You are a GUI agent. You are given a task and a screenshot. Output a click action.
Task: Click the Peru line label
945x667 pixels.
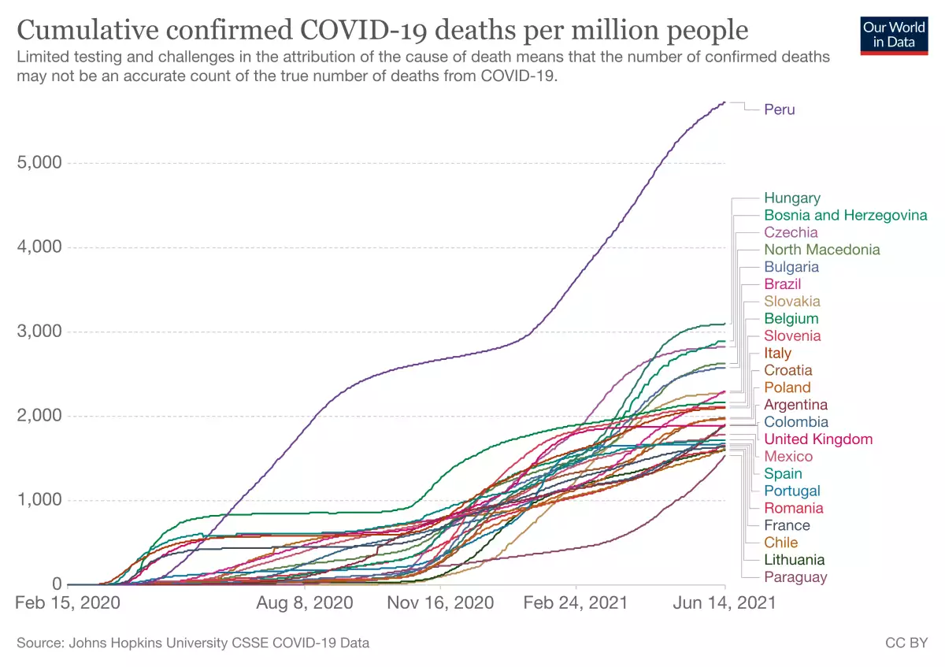coord(779,109)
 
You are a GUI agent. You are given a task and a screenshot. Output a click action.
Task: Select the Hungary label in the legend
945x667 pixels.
coord(791,198)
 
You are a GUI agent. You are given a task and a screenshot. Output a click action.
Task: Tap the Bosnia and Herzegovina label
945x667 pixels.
coord(845,215)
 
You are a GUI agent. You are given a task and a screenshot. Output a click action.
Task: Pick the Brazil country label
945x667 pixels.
coord(782,284)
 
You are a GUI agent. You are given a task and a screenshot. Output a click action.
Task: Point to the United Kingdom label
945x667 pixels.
coord(817,439)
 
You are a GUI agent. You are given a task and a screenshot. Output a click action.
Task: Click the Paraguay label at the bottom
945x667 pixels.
coord(795,577)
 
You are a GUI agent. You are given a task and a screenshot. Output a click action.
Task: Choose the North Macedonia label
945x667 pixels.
coord(821,250)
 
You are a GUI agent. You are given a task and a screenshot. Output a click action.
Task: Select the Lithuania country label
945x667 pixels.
coord(794,560)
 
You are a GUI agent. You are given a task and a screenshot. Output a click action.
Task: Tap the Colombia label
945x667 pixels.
coord(795,422)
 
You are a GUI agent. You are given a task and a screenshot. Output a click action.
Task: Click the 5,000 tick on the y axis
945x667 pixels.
coord(39,163)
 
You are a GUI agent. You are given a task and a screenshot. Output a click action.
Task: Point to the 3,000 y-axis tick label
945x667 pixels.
coord(39,332)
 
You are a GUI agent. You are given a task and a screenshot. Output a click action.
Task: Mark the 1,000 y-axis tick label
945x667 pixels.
coord(39,500)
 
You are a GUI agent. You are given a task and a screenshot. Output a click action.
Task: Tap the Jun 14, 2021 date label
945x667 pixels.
coord(724,603)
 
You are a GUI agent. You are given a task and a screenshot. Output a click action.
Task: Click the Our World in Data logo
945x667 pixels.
coord(893,34)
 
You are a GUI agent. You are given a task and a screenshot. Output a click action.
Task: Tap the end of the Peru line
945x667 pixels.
coord(724,102)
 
